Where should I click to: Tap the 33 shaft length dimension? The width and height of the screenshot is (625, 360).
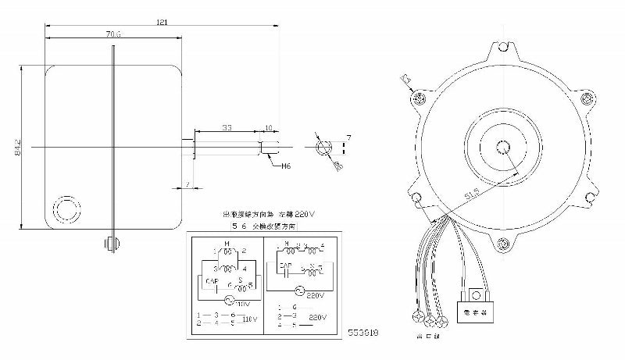tap(226, 127)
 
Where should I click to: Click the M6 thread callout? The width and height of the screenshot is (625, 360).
tap(287, 166)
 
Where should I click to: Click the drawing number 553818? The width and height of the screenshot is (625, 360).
tap(364, 332)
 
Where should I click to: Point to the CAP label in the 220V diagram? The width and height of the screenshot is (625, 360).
tap(285, 266)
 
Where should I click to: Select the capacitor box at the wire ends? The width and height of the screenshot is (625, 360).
tap(476, 301)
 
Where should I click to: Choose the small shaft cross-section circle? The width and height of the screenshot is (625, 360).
tap(323, 148)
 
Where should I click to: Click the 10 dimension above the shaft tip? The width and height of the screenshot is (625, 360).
tap(268, 127)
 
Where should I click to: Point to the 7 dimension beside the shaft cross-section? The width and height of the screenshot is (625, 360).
tap(349, 137)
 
